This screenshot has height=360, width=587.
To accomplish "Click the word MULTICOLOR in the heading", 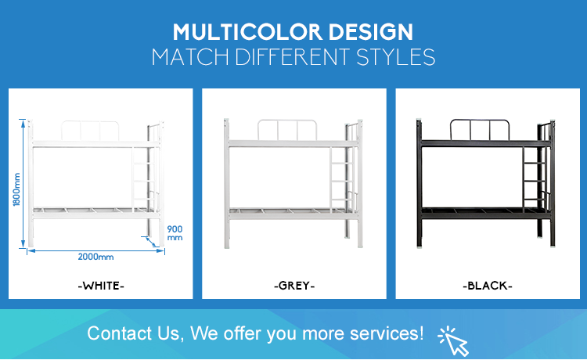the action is pos(247,32).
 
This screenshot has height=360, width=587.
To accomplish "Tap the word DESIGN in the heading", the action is pos(371,32).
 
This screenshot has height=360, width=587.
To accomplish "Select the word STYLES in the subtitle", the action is pos(395,57).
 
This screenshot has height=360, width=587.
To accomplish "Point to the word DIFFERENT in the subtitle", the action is pos(292,57).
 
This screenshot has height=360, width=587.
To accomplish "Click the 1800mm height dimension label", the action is pos(16,189).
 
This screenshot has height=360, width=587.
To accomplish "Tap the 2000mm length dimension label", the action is pos(95,257).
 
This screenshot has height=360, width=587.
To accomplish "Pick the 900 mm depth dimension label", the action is pos(175,232).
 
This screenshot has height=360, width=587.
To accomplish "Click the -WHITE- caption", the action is pos(101,286).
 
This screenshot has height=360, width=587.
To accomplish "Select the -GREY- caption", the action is pos(294,286).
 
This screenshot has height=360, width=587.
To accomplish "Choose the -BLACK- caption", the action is pos(488,286).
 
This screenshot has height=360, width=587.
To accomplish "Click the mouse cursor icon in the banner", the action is pos(454,341).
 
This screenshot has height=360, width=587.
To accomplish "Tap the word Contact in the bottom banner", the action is pos(120,333).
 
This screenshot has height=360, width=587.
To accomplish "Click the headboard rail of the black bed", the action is pos(480,121).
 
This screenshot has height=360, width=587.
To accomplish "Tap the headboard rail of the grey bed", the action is pos(287,121).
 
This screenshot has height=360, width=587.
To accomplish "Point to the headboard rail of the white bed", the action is pos(90,121).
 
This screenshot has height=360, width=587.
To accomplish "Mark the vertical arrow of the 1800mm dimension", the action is pos(23,183).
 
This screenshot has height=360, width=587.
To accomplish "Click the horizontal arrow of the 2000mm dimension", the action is pos(95,250).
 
